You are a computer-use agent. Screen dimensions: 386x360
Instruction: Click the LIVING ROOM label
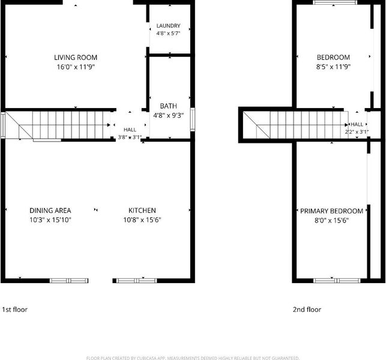pyautogui.click(x=76, y=58)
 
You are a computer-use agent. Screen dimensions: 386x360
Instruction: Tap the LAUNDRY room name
pyautogui.click(x=168, y=26)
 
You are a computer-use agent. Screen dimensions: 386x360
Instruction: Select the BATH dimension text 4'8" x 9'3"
pyautogui.click(x=168, y=115)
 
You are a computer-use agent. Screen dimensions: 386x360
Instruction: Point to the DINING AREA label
pyautogui.click(x=50, y=211)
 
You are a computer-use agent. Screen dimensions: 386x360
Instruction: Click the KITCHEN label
pyautogui.click(x=142, y=211)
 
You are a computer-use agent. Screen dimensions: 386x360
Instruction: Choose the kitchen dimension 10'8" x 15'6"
pyautogui.click(x=142, y=220)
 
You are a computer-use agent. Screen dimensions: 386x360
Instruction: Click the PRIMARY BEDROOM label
pyautogui.click(x=331, y=211)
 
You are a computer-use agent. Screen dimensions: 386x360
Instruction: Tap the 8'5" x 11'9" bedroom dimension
pyautogui.click(x=333, y=67)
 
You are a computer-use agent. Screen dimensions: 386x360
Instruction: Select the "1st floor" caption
pyautogui.click(x=14, y=310)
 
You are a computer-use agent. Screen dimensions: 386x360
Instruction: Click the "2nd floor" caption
pyautogui.click(x=307, y=310)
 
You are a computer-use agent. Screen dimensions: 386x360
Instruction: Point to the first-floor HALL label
pyautogui.click(x=130, y=130)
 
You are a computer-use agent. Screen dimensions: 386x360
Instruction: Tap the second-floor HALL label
pyautogui.click(x=357, y=124)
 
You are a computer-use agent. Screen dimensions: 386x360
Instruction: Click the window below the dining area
pyautogui.click(x=69, y=281)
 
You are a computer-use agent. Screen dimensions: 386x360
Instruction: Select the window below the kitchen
pyautogui.click(x=136, y=281)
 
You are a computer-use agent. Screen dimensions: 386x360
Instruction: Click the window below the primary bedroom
pyautogui.click(x=337, y=281)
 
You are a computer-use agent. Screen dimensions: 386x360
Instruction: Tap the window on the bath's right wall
pyautogui.click(x=193, y=119)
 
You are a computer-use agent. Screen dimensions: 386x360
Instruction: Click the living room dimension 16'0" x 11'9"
pyautogui.click(x=76, y=67)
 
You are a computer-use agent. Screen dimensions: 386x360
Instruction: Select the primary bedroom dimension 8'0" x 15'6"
pyautogui.click(x=331, y=220)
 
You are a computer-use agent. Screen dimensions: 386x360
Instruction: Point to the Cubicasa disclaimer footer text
pyautogui.click(x=193, y=358)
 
